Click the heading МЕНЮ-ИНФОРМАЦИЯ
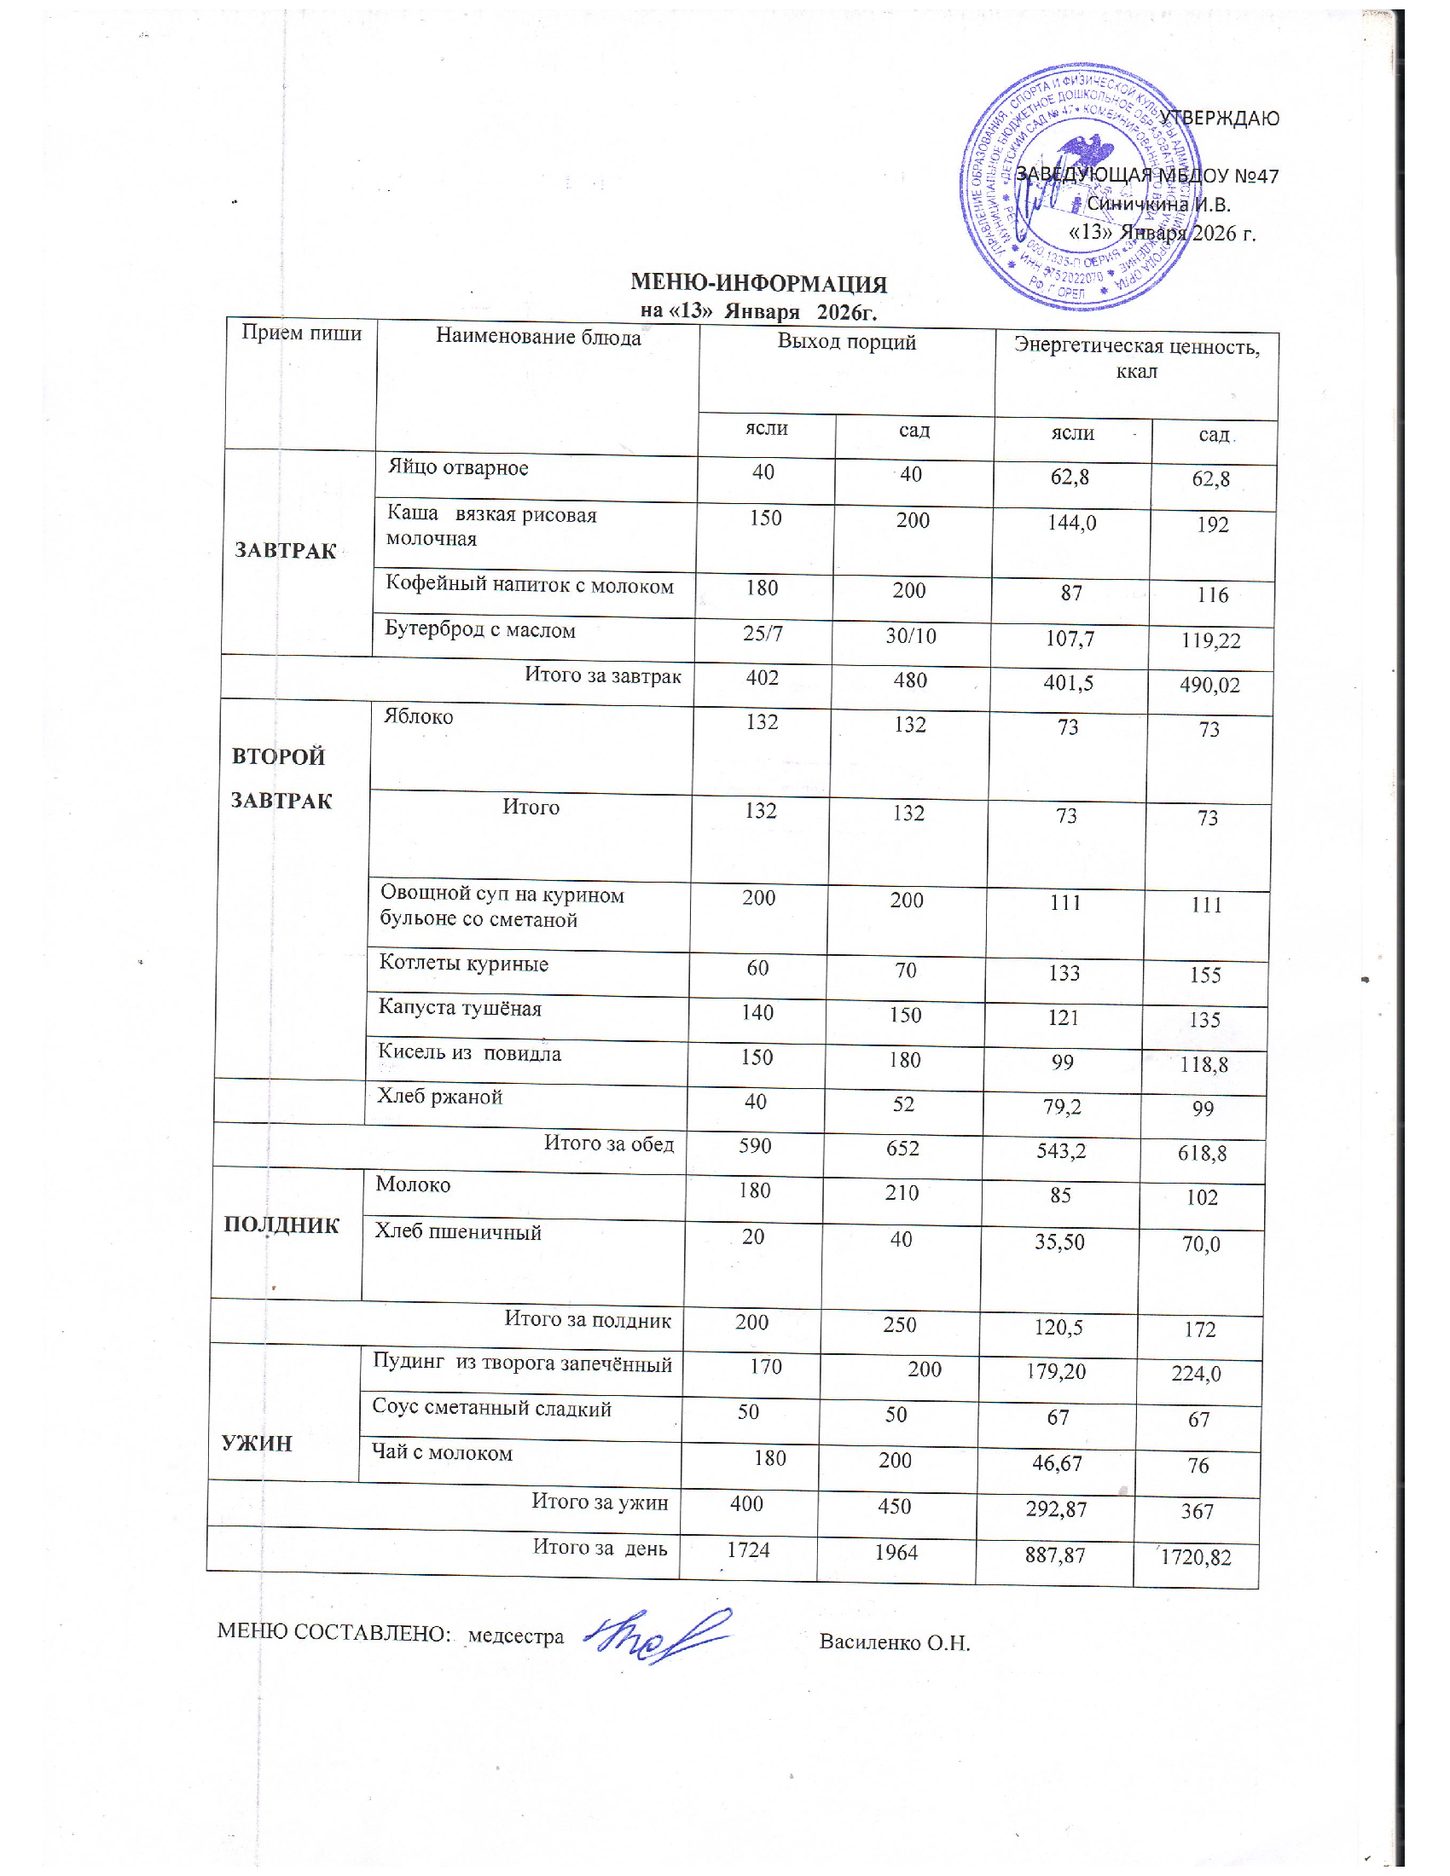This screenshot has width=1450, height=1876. (758, 283)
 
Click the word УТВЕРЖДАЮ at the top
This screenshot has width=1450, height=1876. (1219, 119)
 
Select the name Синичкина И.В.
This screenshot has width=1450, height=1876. (1158, 205)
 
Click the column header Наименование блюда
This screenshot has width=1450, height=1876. (537, 338)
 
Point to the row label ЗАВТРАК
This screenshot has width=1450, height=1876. (285, 551)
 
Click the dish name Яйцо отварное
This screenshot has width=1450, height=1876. (458, 468)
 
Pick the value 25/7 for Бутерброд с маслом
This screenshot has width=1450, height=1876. (763, 634)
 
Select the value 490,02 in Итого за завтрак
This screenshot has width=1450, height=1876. (1209, 685)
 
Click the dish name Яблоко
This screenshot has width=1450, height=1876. (418, 717)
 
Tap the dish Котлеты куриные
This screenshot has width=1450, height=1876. (464, 964)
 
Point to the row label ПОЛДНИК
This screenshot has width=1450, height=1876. (281, 1225)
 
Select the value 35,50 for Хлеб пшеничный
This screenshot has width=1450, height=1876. (1059, 1242)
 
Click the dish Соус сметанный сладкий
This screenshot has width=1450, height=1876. (491, 1409)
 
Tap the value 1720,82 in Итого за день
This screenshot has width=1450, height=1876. (1196, 1557)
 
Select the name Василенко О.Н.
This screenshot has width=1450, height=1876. (894, 1643)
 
